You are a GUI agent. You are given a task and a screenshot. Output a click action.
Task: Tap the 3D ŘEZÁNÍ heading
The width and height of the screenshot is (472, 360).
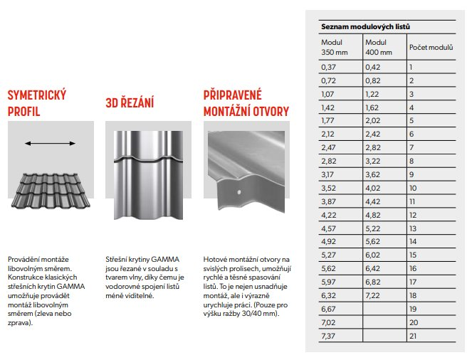pyautogui.click(x=129, y=103)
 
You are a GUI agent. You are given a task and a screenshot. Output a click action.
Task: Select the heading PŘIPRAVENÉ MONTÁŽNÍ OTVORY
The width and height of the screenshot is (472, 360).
pyautogui.click(x=246, y=103)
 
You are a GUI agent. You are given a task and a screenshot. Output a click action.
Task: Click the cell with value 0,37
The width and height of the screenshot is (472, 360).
pyautogui.click(x=328, y=66)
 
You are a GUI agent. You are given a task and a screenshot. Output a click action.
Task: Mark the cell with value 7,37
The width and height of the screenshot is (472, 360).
pyautogui.click(x=328, y=336)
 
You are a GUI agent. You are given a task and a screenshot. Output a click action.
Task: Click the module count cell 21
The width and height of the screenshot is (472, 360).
pyautogui.click(x=413, y=336)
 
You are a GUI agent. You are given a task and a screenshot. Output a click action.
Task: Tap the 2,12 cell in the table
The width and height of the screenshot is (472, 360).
pyautogui.click(x=328, y=134)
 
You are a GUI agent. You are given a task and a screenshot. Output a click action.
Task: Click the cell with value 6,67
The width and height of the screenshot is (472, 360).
pyautogui.click(x=328, y=309)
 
